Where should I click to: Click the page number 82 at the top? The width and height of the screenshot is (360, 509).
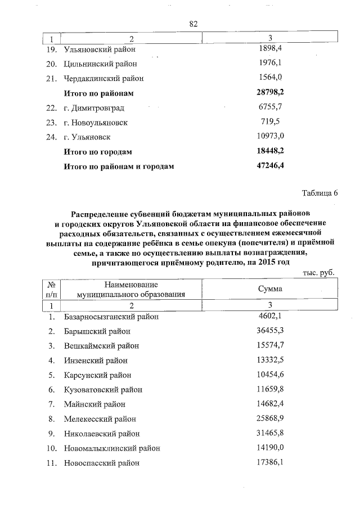[193, 24]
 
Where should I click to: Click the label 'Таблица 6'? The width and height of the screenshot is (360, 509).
[319, 193]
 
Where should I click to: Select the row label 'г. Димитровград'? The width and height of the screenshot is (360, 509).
[93, 107]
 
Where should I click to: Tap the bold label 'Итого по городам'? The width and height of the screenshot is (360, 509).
[98, 152]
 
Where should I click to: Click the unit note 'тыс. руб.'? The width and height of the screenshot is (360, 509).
[319, 272]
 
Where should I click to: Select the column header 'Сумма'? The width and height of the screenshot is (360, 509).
[270, 289]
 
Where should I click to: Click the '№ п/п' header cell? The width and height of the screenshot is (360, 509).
[51, 289]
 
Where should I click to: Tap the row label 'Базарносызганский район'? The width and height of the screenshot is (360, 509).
[111, 317]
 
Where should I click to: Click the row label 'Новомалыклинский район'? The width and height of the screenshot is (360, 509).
[111, 448]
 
